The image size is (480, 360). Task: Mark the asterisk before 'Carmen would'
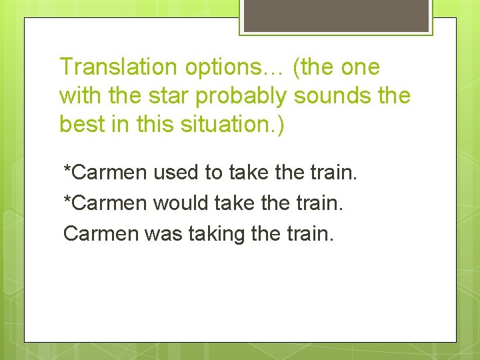[x=67, y=199]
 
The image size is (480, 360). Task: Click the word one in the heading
[x=360, y=67]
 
